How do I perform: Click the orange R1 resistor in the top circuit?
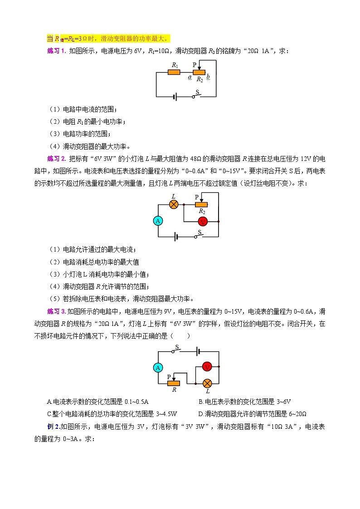[174, 72]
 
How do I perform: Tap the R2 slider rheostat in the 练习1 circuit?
[199, 72]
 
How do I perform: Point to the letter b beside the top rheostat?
[208, 78]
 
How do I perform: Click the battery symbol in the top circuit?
[175, 97]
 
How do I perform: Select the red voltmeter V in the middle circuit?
[203, 221]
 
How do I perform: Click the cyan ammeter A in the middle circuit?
[158, 221]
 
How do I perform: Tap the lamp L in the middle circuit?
[173, 204]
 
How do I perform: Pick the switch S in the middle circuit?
[198, 235]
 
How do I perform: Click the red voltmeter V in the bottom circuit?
[207, 367]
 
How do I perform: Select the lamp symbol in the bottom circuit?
[207, 383]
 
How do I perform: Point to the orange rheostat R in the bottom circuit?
[174, 383]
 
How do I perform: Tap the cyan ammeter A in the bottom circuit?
[158, 368]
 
